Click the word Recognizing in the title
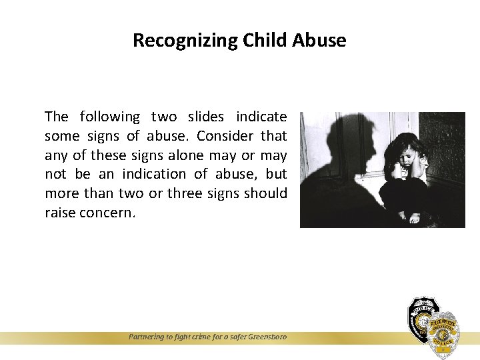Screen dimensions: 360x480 (175, 41)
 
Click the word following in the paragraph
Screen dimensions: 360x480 (109, 117)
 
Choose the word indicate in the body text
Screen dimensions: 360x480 (261, 117)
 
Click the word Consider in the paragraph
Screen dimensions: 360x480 (225, 136)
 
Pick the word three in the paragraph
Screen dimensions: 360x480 (189, 193)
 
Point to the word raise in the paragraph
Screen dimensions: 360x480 (59, 213)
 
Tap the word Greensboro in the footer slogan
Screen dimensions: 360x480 (265, 337)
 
